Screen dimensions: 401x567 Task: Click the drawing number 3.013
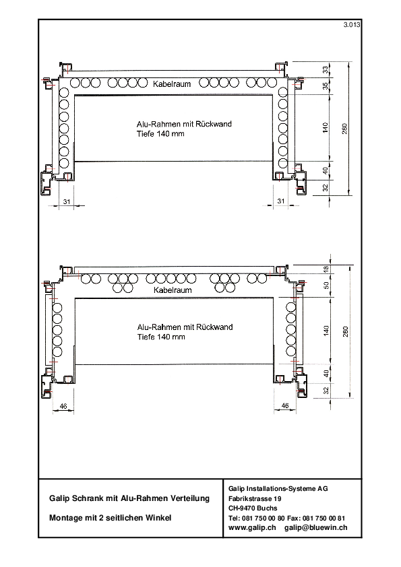352,25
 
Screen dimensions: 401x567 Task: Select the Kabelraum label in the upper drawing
172,84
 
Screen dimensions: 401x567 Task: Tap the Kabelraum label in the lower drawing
173,290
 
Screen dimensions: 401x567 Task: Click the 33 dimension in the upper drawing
326,69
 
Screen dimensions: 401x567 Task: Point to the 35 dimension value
326,86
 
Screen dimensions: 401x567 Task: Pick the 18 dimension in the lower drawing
326,269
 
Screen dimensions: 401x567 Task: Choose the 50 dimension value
326,286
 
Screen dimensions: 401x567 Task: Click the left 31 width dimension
67,201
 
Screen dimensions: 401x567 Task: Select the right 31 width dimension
281,201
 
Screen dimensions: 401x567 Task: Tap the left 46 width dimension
63,406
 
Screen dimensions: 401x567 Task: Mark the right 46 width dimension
285,406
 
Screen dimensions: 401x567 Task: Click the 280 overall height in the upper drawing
344,129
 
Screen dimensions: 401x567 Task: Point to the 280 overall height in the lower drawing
345,331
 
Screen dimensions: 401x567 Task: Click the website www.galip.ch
252,527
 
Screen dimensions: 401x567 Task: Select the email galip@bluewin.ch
315,527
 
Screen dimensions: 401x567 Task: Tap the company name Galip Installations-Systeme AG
278,488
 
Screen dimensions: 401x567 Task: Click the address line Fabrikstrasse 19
255,498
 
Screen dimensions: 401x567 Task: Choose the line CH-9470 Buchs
253,508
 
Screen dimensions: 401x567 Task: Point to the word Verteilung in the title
191,498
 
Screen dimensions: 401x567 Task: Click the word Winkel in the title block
158,518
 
